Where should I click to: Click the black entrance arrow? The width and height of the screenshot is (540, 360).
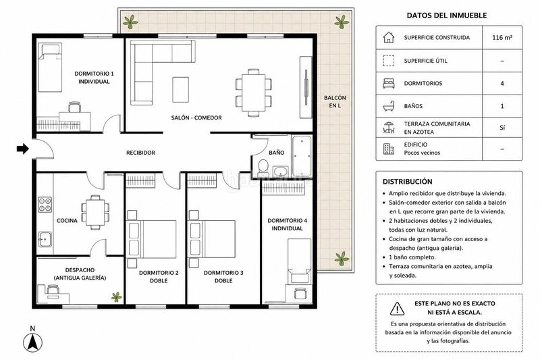(23, 149)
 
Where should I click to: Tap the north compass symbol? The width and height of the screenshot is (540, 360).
(32, 342)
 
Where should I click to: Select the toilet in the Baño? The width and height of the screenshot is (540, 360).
(263, 166)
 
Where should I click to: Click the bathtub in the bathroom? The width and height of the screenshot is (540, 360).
(302, 156)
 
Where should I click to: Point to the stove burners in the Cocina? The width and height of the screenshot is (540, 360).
(45, 204)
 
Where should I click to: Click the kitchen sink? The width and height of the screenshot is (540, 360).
(45, 239)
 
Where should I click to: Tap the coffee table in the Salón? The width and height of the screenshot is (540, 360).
(180, 90)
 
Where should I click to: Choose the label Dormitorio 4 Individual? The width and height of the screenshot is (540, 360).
(288, 224)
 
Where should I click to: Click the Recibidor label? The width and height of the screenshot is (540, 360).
(140, 153)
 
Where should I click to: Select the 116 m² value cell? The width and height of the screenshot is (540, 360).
(502, 37)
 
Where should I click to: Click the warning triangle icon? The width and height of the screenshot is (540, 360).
(397, 309)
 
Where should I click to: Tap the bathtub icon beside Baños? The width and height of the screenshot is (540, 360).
(389, 106)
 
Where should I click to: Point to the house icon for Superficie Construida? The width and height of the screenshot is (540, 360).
(389, 37)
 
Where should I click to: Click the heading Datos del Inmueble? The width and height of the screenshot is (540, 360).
(447, 15)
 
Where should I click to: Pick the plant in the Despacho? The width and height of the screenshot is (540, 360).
(116, 297)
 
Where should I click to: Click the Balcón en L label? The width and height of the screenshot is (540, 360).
(335, 101)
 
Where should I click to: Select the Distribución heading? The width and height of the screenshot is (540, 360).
(408, 182)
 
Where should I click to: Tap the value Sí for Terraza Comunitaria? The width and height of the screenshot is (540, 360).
(502, 128)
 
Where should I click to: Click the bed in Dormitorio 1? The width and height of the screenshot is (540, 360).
(50, 68)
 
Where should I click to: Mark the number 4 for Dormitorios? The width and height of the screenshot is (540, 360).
(502, 83)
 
